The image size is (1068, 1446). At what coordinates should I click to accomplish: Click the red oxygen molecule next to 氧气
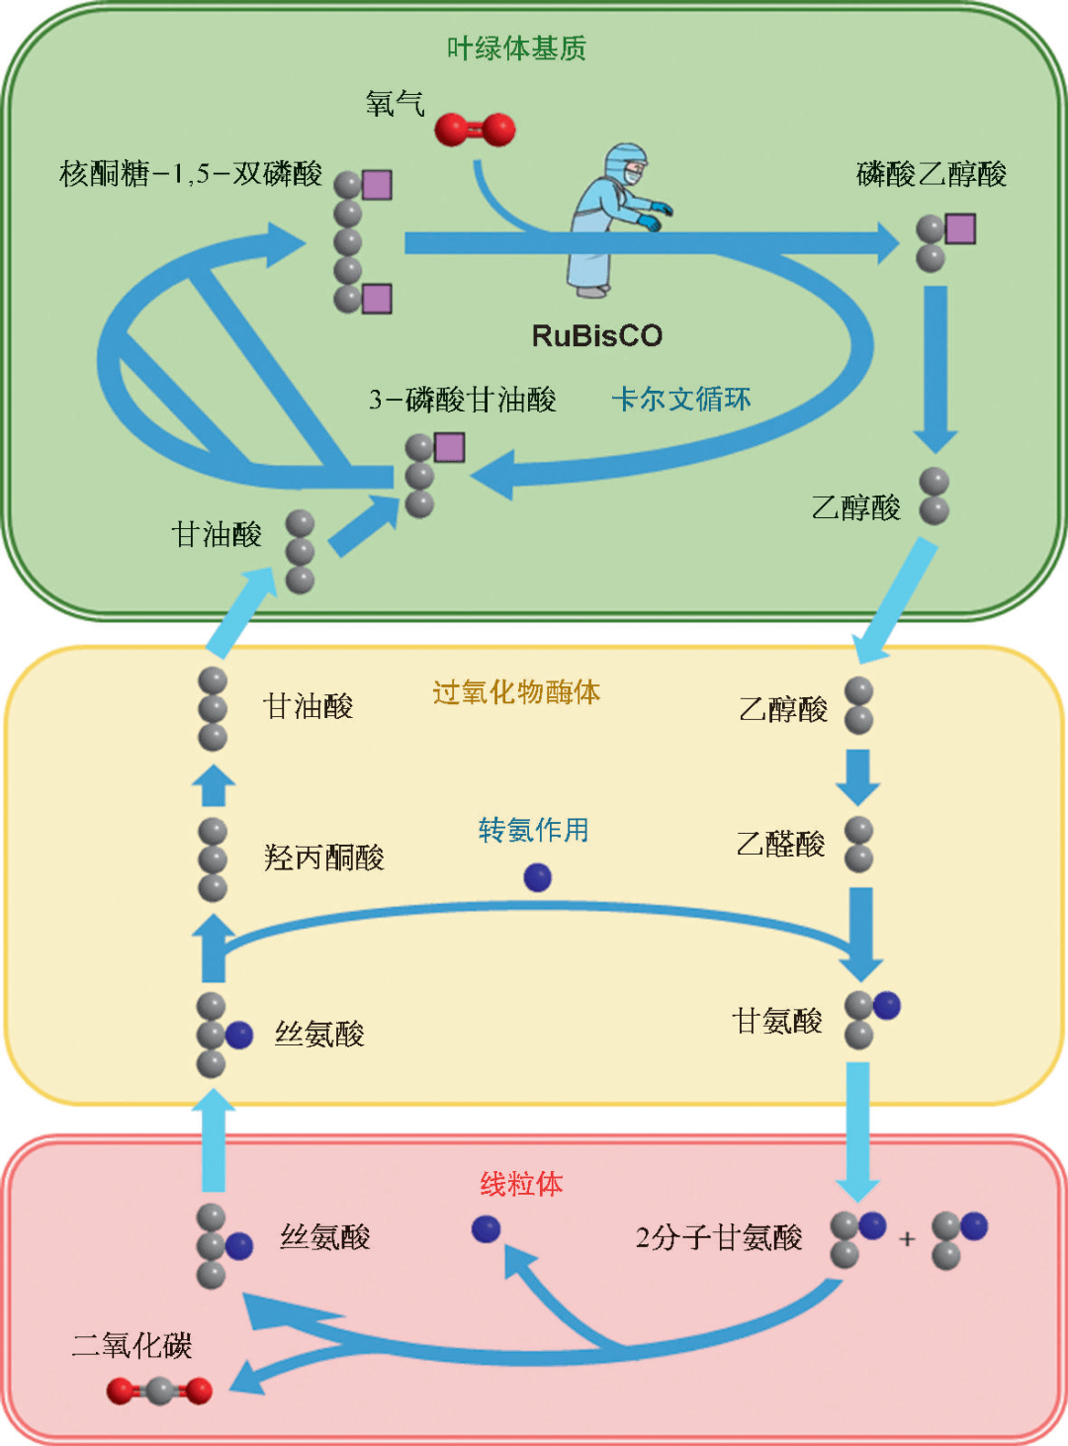(475, 130)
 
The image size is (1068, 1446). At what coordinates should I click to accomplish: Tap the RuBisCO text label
(596, 336)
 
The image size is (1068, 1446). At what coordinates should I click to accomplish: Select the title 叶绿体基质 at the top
(516, 48)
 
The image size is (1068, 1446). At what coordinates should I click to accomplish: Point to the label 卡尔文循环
(681, 400)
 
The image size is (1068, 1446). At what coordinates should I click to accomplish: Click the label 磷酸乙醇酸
(932, 174)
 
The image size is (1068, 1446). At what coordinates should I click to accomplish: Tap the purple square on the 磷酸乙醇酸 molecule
(960, 229)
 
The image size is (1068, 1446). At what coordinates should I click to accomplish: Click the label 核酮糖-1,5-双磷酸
(191, 174)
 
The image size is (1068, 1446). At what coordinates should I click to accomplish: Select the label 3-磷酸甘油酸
(462, 400)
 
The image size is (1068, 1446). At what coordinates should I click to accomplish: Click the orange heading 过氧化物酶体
(516, 692)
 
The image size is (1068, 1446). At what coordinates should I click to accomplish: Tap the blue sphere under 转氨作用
(537, 877)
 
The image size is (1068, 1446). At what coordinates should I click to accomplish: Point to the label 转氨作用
(533, 830)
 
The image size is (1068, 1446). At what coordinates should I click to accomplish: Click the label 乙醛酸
(780, 845)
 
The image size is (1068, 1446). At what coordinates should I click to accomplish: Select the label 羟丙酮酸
(323, 858)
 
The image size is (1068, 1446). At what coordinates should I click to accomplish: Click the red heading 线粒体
(521, 1184)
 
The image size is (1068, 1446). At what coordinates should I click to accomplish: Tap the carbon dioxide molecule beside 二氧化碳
(159, 1392)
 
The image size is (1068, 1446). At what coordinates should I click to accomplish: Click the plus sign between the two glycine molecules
(907, 1238)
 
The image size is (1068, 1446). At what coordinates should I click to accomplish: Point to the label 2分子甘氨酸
(719, 1238)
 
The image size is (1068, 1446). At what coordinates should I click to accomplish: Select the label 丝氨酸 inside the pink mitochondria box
(325, 1237)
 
